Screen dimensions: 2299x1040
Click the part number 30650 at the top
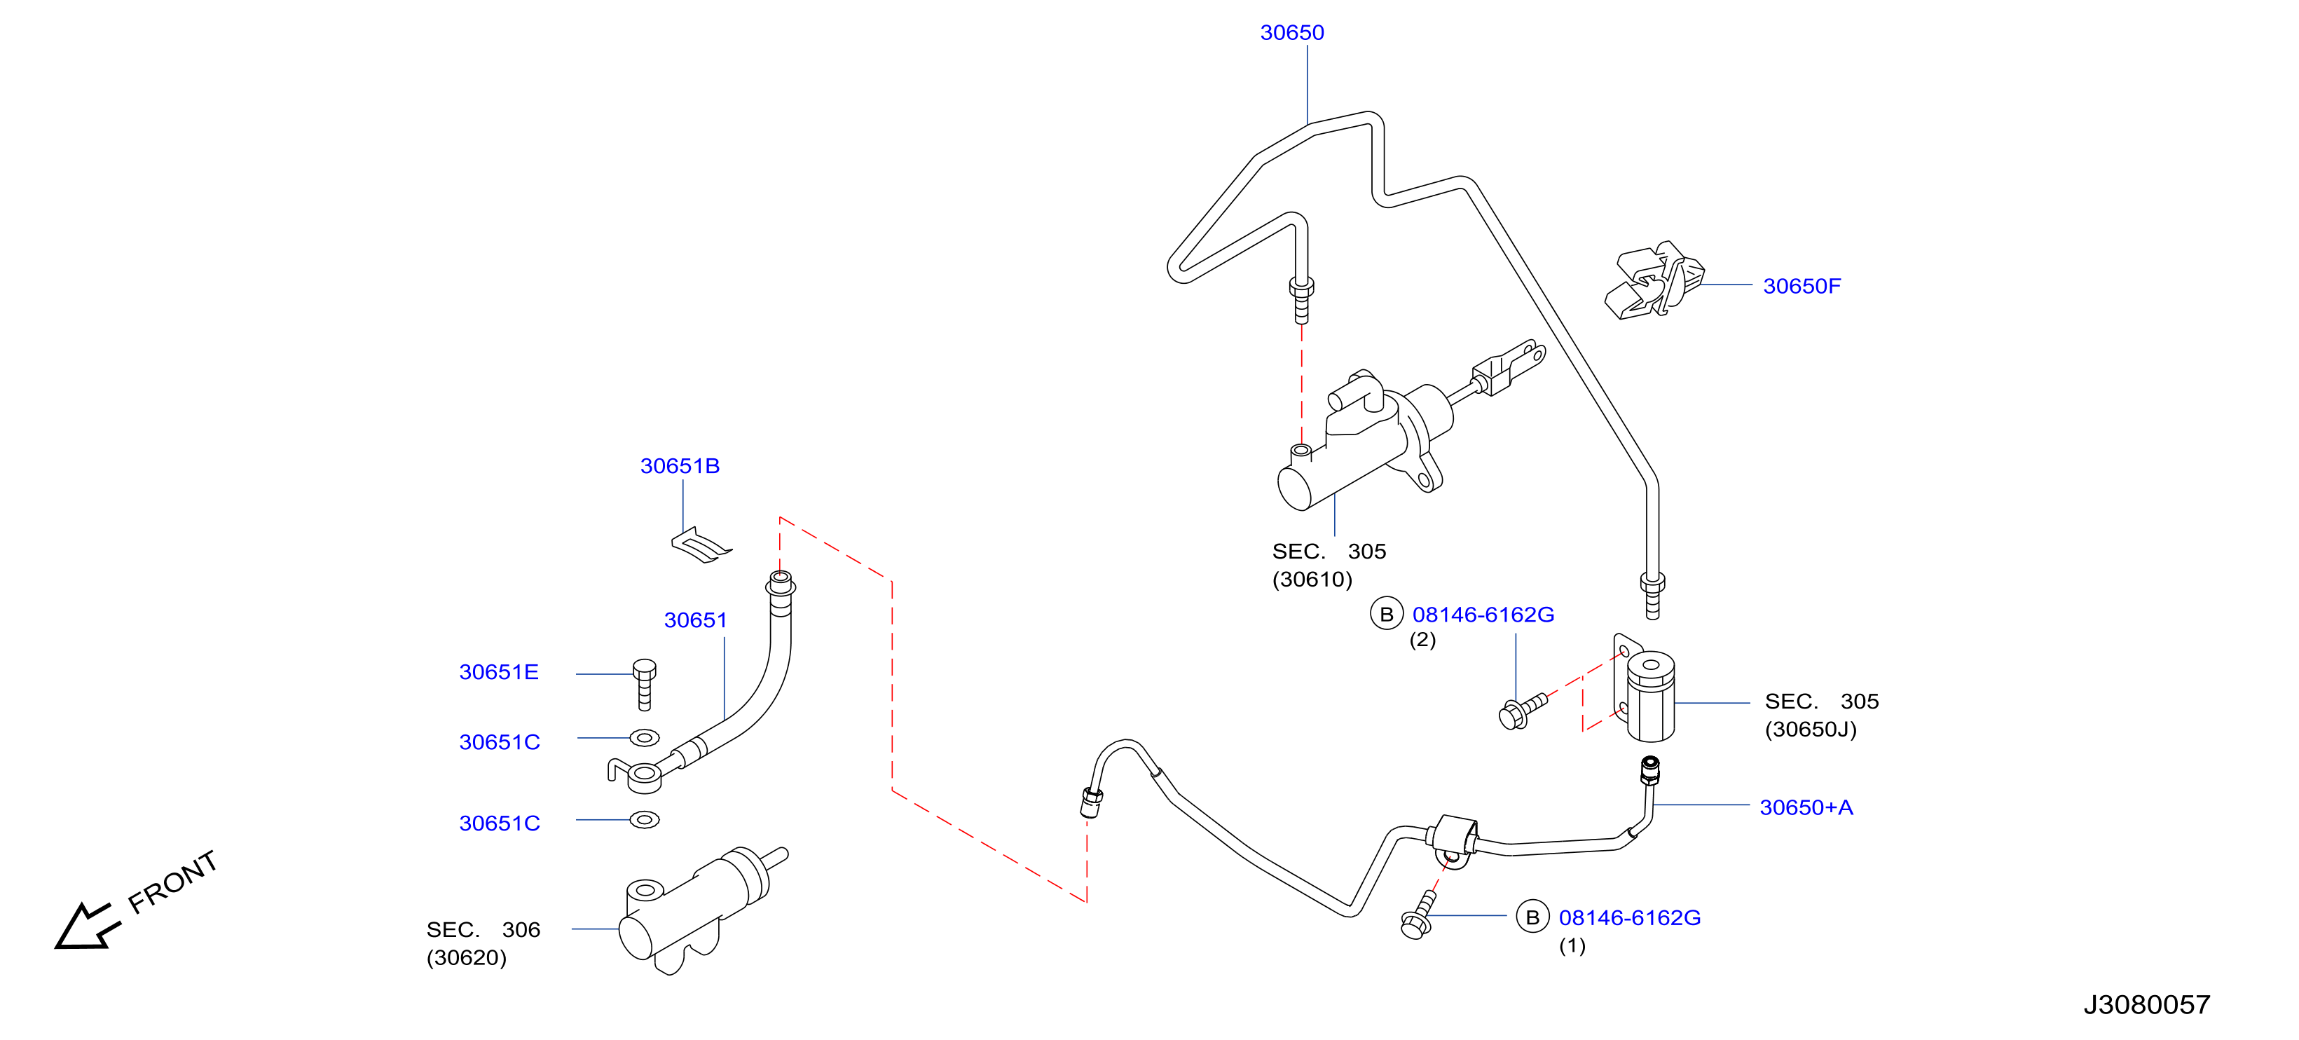click(x=1291, y=33)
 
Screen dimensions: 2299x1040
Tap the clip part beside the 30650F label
click(x=1654, y=280)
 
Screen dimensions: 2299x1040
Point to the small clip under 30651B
click(x=701, y=545)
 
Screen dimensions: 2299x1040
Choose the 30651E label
click(x=498, y=672)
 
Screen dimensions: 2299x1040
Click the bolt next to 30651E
click(x=645, y=685)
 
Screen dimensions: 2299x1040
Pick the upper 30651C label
click(x=499, y=743)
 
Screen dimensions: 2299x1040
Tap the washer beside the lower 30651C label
click(x=645, y=819)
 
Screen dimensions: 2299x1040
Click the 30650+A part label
click(x=1806, y=808)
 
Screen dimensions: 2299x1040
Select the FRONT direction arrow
click(x=87, y=926)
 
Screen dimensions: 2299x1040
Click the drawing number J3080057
click(x=2146, y=1005)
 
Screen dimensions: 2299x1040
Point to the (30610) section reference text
click(x=1312, y=580)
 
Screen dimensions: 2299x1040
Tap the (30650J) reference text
click(x=1810, y=730)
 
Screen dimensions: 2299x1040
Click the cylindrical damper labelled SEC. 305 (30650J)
click(x=1650, y=697)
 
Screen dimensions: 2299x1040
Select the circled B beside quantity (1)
click(x=1532, y=917)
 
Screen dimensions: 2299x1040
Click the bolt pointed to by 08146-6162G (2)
click(x=1523, y=711)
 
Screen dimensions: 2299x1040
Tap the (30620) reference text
click(x=466, y=958)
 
